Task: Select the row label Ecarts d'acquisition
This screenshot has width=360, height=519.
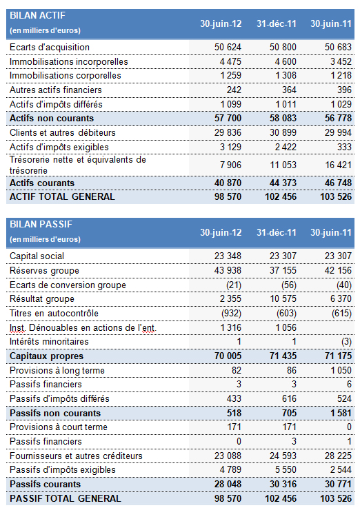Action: [x=50, y=48]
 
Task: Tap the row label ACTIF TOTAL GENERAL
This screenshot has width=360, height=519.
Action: [x=62, y=196]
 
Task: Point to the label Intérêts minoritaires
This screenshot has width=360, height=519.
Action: [x=49, y=342]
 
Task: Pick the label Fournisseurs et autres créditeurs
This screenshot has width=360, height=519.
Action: [x=76, y=456]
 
